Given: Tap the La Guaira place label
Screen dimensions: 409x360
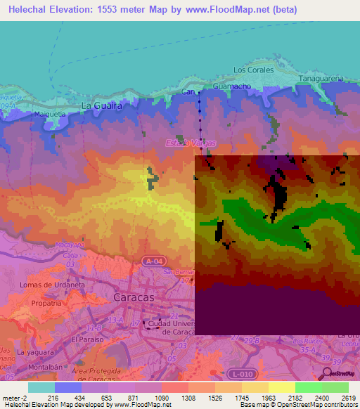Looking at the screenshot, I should pyautogui.click(x=102, y=106).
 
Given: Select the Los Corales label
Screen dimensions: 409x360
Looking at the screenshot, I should pyautogui.click(x=252, y=70).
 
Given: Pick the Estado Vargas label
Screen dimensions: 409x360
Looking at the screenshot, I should pyautogui.click(x=190, y=143).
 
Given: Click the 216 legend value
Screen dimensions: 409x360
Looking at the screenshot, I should pyautogui.click(x=51, y=398).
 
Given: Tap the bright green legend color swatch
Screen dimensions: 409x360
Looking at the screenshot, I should pyautogui.click(x=308, y=387).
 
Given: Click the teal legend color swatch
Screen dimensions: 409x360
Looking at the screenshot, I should pyautogui.click(x=41, y=387).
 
